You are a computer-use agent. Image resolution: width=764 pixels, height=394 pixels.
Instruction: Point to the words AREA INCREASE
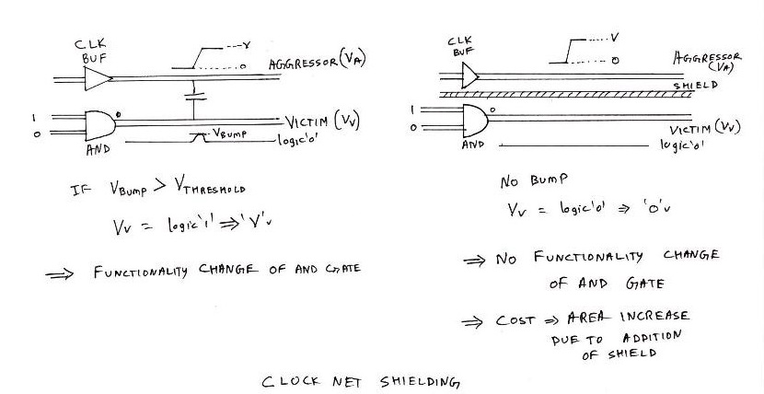624,317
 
